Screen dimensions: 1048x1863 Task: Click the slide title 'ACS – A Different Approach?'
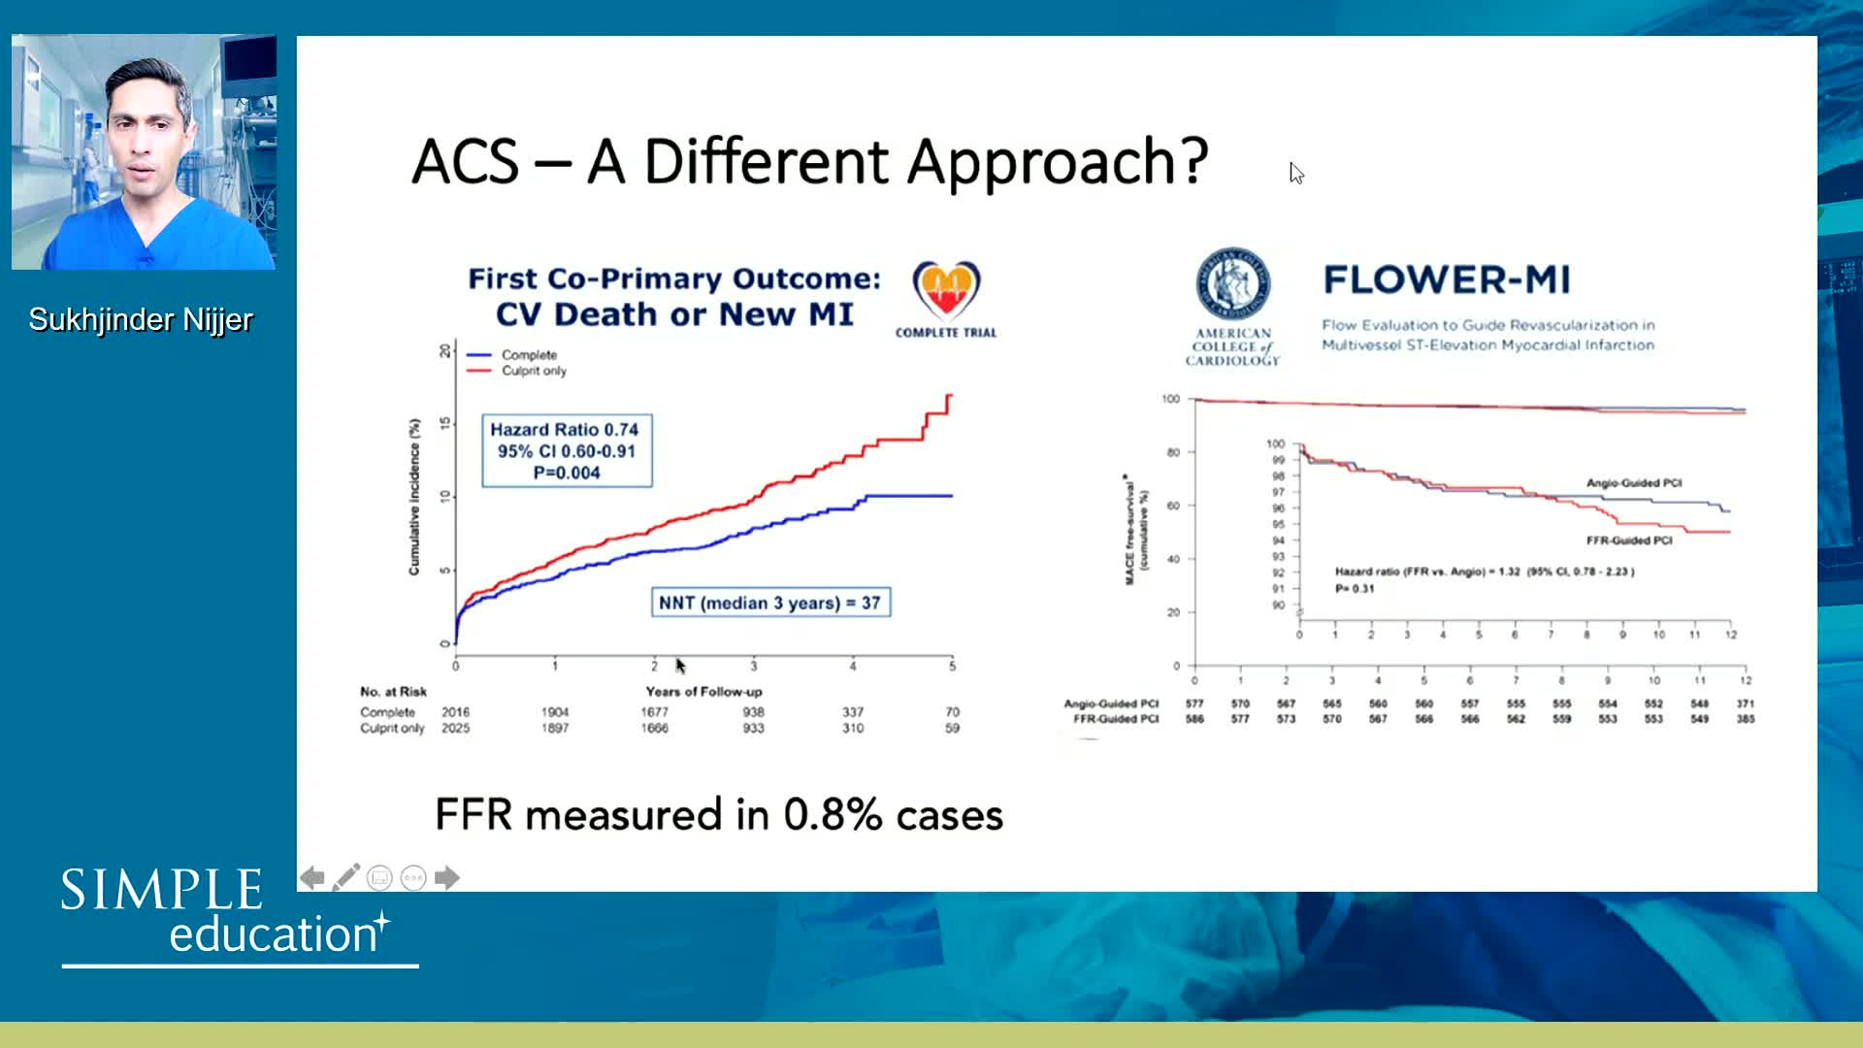pos(809,161)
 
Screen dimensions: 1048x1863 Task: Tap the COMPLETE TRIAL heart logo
pos(946,290)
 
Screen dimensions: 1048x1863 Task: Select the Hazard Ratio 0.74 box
pos(567,450)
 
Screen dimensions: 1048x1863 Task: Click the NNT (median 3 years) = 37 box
pos(769,603)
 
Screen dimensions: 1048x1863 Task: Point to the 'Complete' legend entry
pos(529,355)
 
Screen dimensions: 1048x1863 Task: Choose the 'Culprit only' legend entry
pos(534,371)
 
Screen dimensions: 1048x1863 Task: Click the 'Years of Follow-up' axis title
pos(703,692)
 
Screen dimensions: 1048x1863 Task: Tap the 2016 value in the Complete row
pos(455,712)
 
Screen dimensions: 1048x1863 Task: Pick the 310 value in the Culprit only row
pos(853,728)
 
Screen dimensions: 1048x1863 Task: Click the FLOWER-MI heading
pos(1446,280)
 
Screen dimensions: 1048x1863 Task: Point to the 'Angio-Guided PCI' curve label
pos(1634,483)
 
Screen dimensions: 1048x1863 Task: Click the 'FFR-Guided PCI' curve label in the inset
pos(1629,540)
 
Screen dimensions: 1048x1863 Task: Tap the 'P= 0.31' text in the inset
pos(1355,589)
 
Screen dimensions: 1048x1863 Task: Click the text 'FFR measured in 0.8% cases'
pos(719,815)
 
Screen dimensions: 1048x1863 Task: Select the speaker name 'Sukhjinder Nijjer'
pos(141,319)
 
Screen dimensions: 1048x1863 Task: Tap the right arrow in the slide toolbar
pos(447,878)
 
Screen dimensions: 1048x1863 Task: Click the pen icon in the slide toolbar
pos(346,877)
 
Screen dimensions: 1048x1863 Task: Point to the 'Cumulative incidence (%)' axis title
pos(414,497)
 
